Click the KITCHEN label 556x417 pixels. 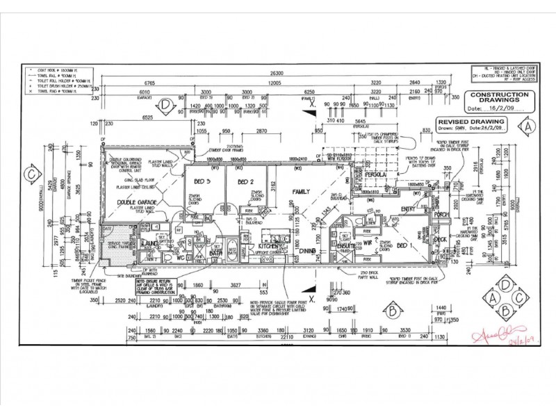(x=268, y=246)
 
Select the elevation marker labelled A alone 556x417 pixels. (x=530, y=127)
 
